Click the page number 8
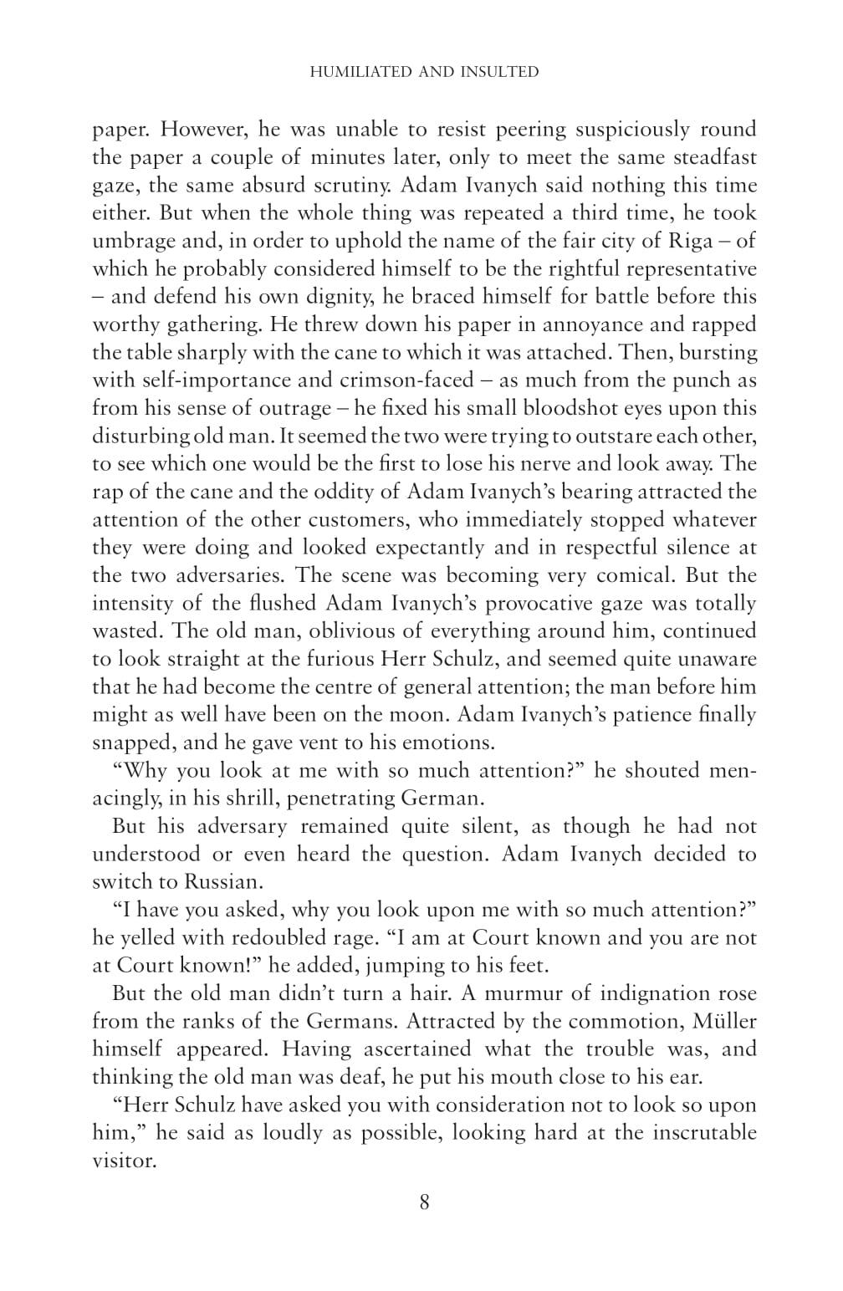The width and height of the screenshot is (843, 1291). pyautogui.click(x=424, y=1202)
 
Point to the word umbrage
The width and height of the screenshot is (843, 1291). pyautogui.click(x=128, y=241)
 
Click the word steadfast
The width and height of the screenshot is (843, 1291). pyautogui.click(x=706, y=157)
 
